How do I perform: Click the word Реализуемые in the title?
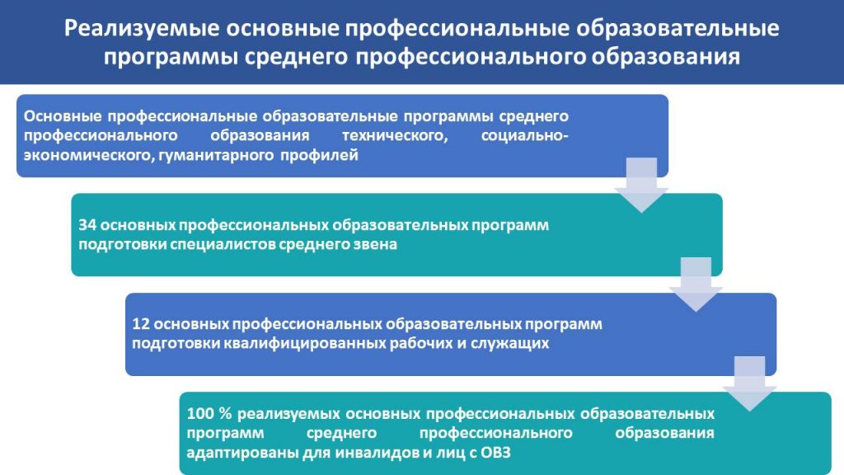[142, 29]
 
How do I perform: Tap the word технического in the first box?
[395, 134]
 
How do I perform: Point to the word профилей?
[319, 156]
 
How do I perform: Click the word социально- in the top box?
[525, 134]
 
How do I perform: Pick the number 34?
[87, 224]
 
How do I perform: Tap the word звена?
[375, 244]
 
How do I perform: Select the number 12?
[140, 324]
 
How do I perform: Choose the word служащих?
[510, 344]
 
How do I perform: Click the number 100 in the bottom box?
[199, 414]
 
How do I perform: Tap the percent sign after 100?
[226, 414]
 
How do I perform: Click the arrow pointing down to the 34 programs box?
[641, 185]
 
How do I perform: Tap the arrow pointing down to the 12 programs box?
[696, 285]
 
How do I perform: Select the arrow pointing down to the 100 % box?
[750, 383]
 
